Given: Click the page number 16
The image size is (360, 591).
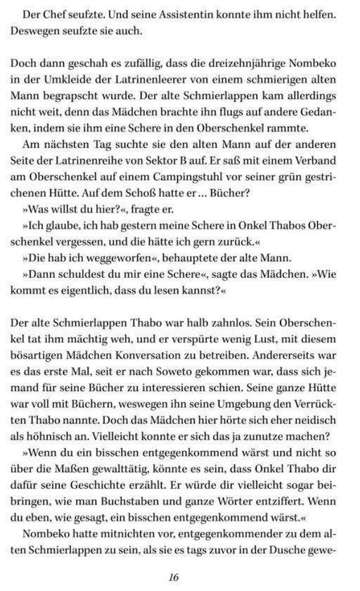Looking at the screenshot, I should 174,578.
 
